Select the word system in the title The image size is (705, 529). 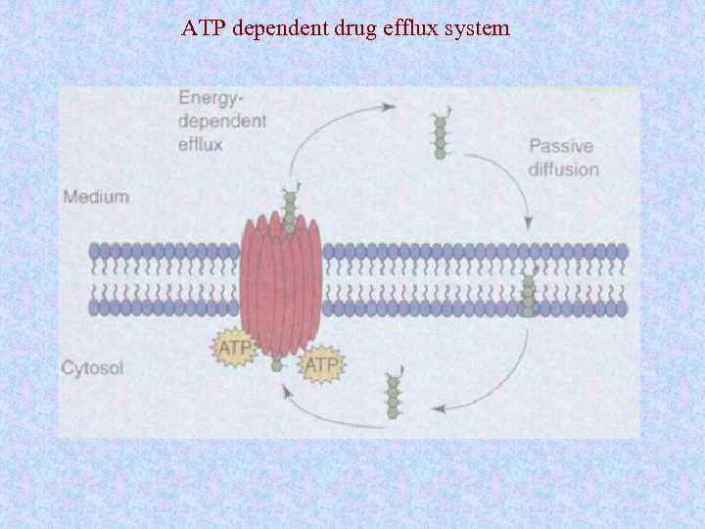tap(478, 28)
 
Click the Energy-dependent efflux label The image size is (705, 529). tap(221, 120)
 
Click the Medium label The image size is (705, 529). tap(95, 196)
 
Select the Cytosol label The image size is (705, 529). tap(92, 369)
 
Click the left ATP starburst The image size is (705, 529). tap(234, 347)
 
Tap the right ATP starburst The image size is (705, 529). tap(322, 365)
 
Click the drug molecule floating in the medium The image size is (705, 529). tap(440, 136)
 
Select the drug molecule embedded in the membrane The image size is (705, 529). tap(529, 291)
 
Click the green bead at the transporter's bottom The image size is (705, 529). tap(276, 365)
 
